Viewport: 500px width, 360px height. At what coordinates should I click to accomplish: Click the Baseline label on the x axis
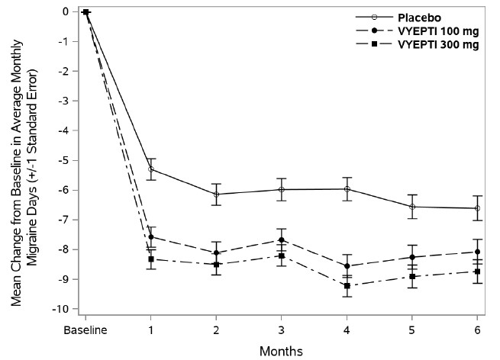(x=85, y=330)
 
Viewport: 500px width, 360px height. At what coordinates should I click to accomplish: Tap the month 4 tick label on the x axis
(x=347, y=330)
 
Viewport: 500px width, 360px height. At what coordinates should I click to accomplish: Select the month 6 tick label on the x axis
(x=478, y=330)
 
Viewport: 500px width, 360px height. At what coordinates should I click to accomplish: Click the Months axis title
(x=282, y=351)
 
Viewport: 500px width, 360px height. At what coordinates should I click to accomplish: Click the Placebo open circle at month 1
(x=151, y=169)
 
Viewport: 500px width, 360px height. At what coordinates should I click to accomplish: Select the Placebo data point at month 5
(x=412, y=207)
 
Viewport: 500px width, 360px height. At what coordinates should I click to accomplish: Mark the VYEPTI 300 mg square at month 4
(x=347, y=286)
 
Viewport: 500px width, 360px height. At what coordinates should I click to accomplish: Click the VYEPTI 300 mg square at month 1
(x=151, y=259)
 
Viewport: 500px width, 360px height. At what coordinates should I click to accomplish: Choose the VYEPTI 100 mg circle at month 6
(x=478, y=252)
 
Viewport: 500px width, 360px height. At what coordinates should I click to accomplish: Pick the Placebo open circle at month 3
(x=282, y=189)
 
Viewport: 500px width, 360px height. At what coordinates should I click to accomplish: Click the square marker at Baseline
(x=85, y=12)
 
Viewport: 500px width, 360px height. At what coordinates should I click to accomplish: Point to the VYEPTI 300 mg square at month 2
(x=217, y=265)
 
